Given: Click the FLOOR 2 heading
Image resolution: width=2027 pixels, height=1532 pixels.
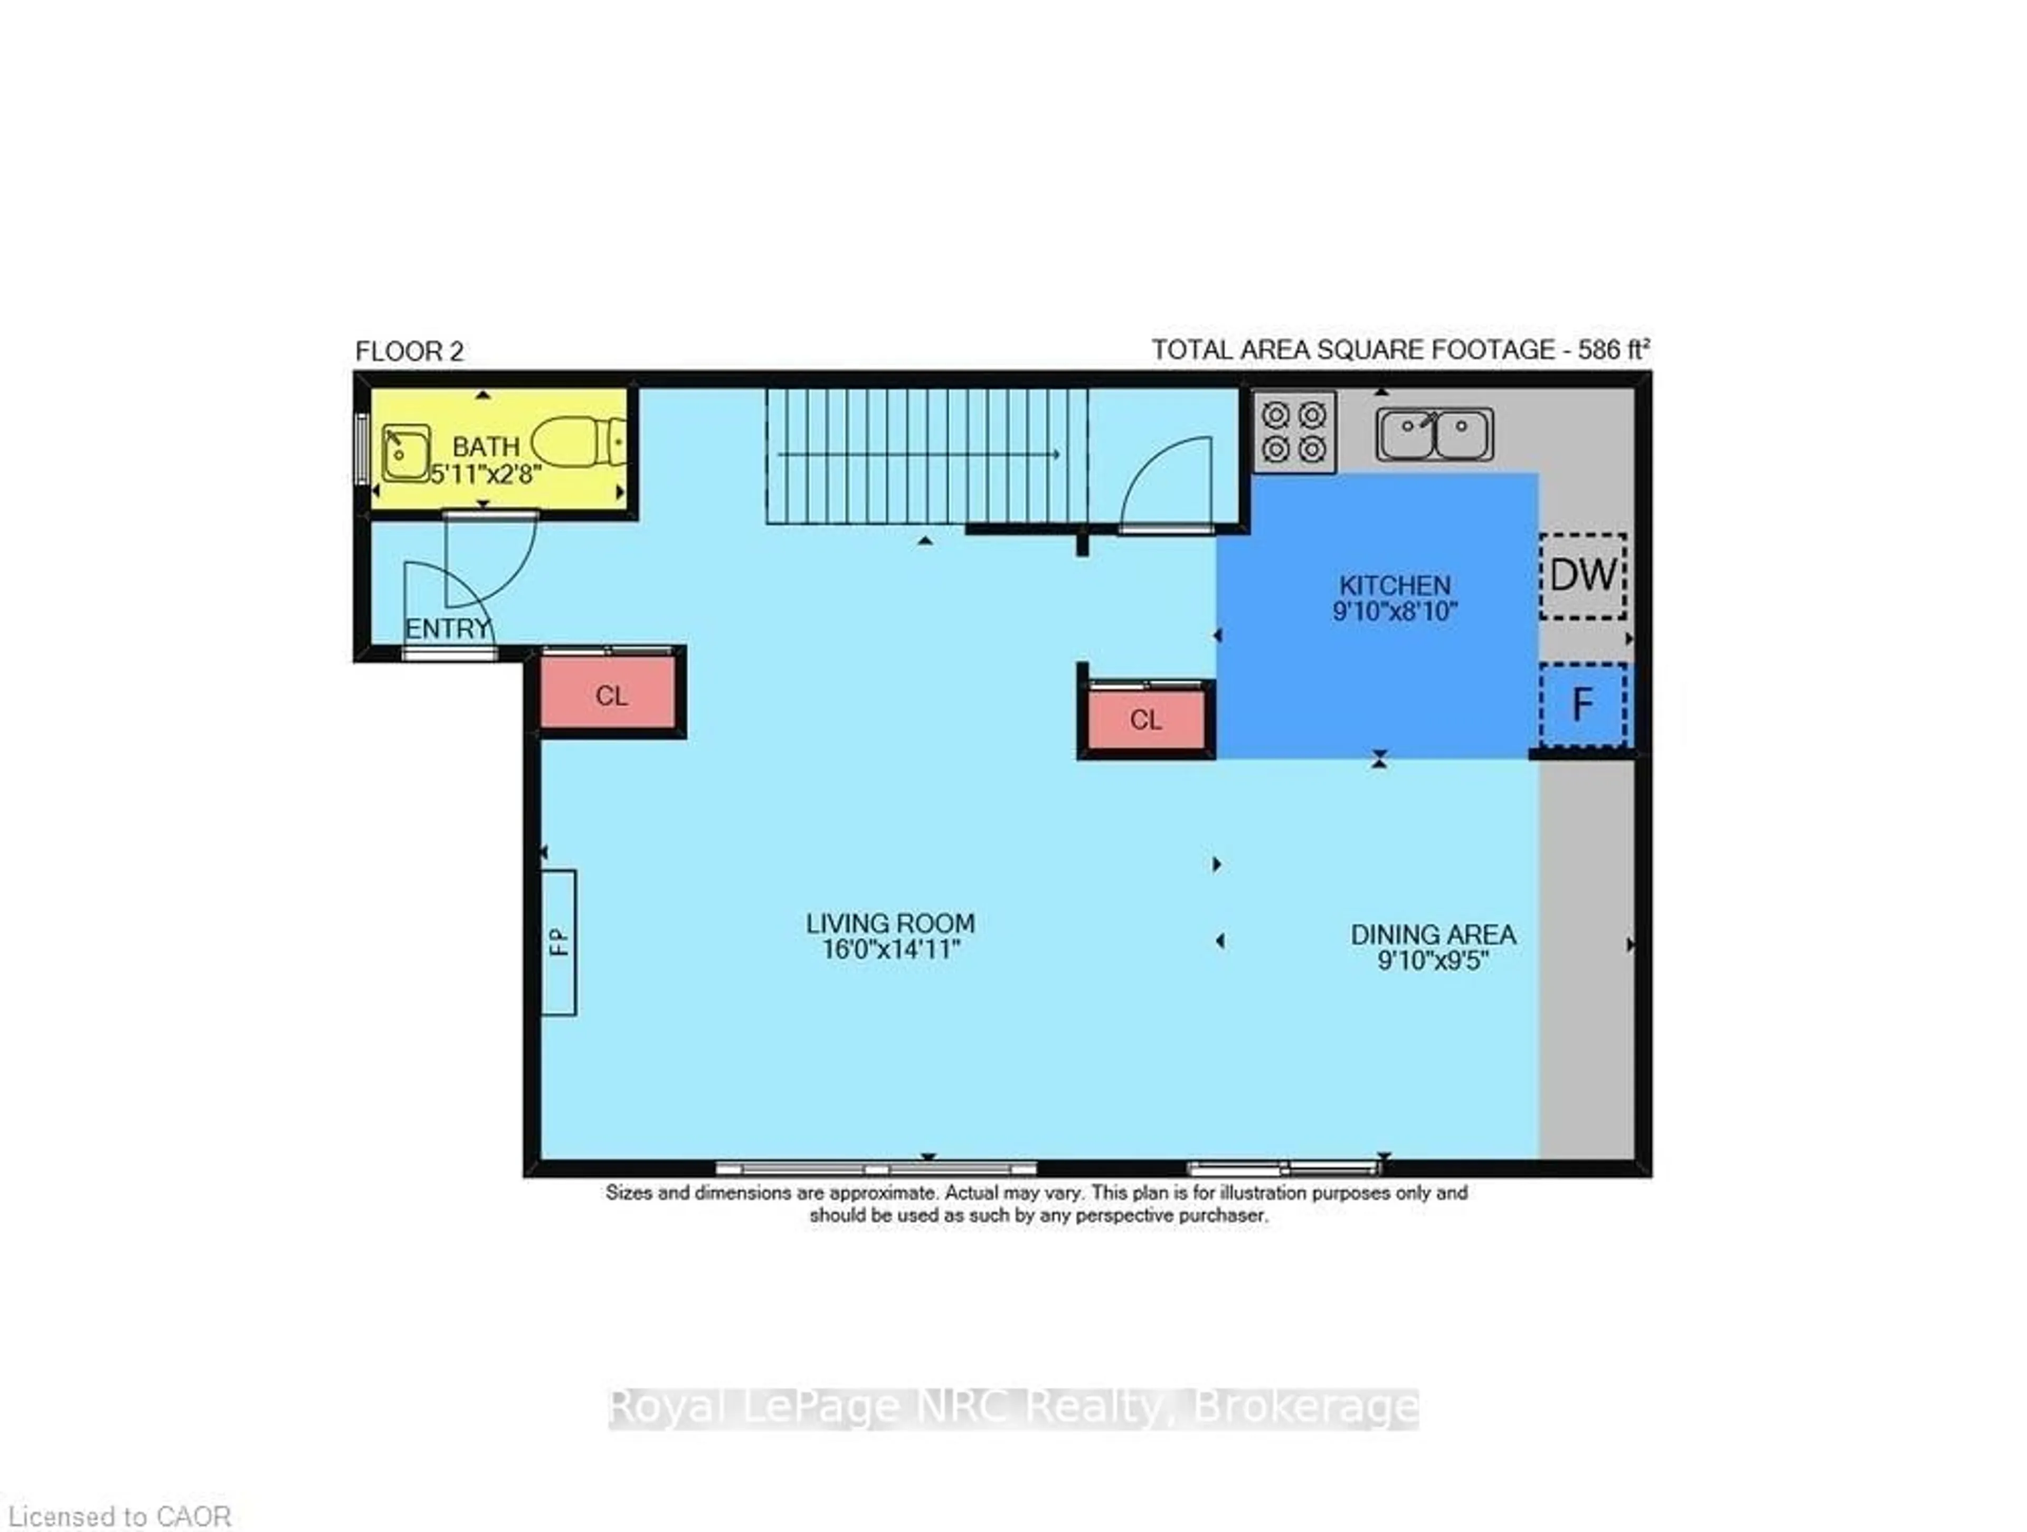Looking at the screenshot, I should [x=410, y=351].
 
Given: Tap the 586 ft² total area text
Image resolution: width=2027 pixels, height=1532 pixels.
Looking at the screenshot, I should [x=1613, y=350].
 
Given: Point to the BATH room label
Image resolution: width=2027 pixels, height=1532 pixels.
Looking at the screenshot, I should [x=486, y=447].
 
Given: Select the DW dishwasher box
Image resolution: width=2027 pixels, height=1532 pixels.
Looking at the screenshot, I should [x=1583, y=575].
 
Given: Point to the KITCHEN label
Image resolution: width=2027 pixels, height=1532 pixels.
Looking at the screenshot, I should [x=1395, y=585].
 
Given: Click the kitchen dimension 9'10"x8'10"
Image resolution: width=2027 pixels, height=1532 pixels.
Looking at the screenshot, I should [x=1395, y=611].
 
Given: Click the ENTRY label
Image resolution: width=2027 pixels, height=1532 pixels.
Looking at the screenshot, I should [x=447, y=629].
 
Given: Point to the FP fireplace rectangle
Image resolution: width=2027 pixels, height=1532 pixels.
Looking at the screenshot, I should [x=558, y=942].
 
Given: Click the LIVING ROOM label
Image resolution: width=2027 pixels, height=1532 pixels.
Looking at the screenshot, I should [x=890, y=922].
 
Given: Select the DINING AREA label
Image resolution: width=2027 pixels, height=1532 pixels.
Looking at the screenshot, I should [x=1432, y=935].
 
